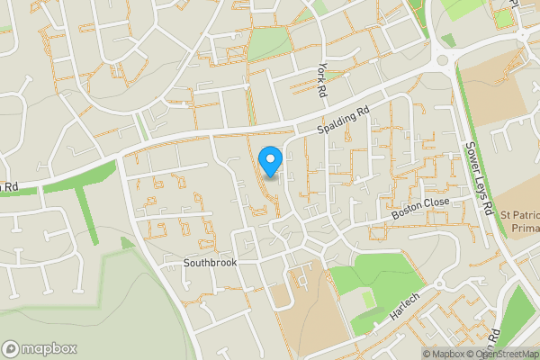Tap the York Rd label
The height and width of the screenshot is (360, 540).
pos(321,81)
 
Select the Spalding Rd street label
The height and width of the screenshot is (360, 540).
pos(343,121)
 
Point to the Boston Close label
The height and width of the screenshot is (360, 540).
pos(419,210)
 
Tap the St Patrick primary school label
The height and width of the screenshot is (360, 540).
pos(520,222)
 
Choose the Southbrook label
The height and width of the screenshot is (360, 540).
pos(209,264)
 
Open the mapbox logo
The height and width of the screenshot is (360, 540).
pos(39,348)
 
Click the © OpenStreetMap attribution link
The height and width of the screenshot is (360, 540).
pos(501,354)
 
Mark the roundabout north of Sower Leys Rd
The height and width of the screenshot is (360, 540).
pos(443,60)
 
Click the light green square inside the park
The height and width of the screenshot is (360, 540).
pos(368,297)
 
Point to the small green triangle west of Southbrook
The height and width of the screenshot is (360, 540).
pos(127,242)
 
